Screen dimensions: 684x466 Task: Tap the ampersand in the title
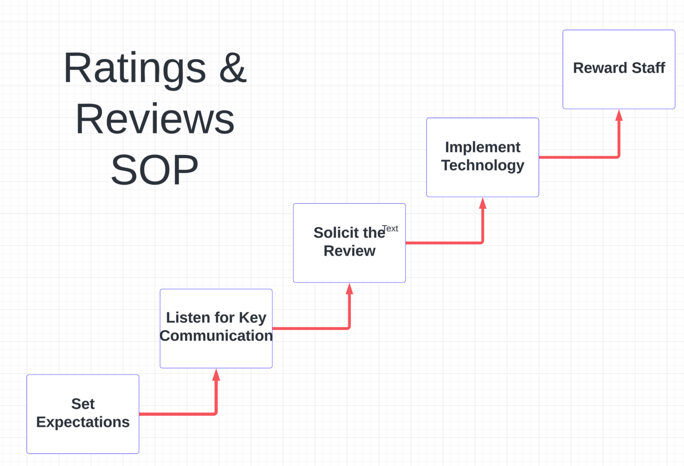tap(233, 67)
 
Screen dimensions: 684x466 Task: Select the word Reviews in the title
tap(155, 119)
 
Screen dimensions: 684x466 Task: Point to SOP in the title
tap(155, 170)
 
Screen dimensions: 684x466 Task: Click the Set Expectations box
tap(83, 414)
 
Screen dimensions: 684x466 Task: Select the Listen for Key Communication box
tap(216, 328)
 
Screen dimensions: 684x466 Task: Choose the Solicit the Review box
tap(349, 243)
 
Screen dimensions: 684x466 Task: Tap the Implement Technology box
tap(483, 157)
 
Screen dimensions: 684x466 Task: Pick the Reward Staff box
tap(619, 69)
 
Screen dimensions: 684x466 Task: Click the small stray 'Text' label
tap(390, 229)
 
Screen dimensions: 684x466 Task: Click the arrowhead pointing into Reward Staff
tap(619, 115)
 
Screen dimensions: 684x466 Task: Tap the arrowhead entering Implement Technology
tap(483, 203)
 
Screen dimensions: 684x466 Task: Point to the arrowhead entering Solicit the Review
tap(349, 288)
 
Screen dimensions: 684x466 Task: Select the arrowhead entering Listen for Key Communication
tap(216, 375)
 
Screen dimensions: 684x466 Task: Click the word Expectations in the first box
tap(83, 422)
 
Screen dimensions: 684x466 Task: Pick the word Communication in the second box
tap(216, 336)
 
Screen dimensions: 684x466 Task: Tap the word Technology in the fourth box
tap(483, 166)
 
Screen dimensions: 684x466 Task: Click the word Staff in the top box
tap(648, 68)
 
